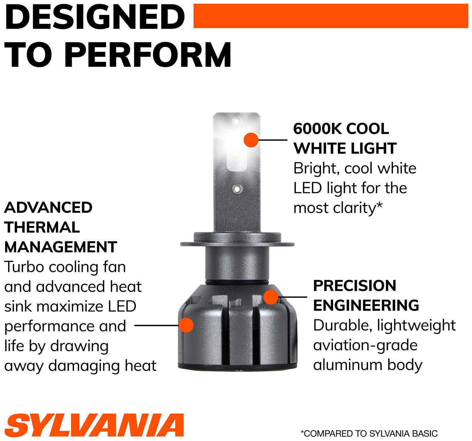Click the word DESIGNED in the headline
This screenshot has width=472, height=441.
pyautogui.click(x=95, y=17)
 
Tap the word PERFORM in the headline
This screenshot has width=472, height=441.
pyautogui.click(x=148, y=55)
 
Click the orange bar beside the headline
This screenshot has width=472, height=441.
pyautogui.click(x=331, y=16)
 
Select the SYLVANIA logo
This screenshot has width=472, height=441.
pyautogui.click(x=94, y=425)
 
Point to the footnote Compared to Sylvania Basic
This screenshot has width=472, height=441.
pyautogui.click(x=369, y=433)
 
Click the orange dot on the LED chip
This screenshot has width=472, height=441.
pyautogui.click(x=251, y=140)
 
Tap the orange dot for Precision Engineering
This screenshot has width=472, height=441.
pyautogui.click(x=271, y=297)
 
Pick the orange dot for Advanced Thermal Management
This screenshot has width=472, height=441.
pyautogui.click(x=186, y=325)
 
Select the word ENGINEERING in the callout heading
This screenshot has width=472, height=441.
pyautogui.click(x=366, y=306)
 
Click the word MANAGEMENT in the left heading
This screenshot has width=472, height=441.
pyautogui.click(x=61, y=247)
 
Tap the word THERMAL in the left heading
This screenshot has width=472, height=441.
pyautogui.click(x=42, y=227)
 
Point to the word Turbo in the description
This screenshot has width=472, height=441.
pyautogui.click(x=25, y=267)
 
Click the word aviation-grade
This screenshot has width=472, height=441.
pyautogui.click(x=365, y=345)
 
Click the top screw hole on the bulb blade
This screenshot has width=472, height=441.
pyautogui.click(x=237, y=121)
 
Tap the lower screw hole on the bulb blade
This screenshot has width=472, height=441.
pyautogui.click(x=238, y=189)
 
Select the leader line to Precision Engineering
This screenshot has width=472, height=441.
pyautogui.click(x=293, y=297)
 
